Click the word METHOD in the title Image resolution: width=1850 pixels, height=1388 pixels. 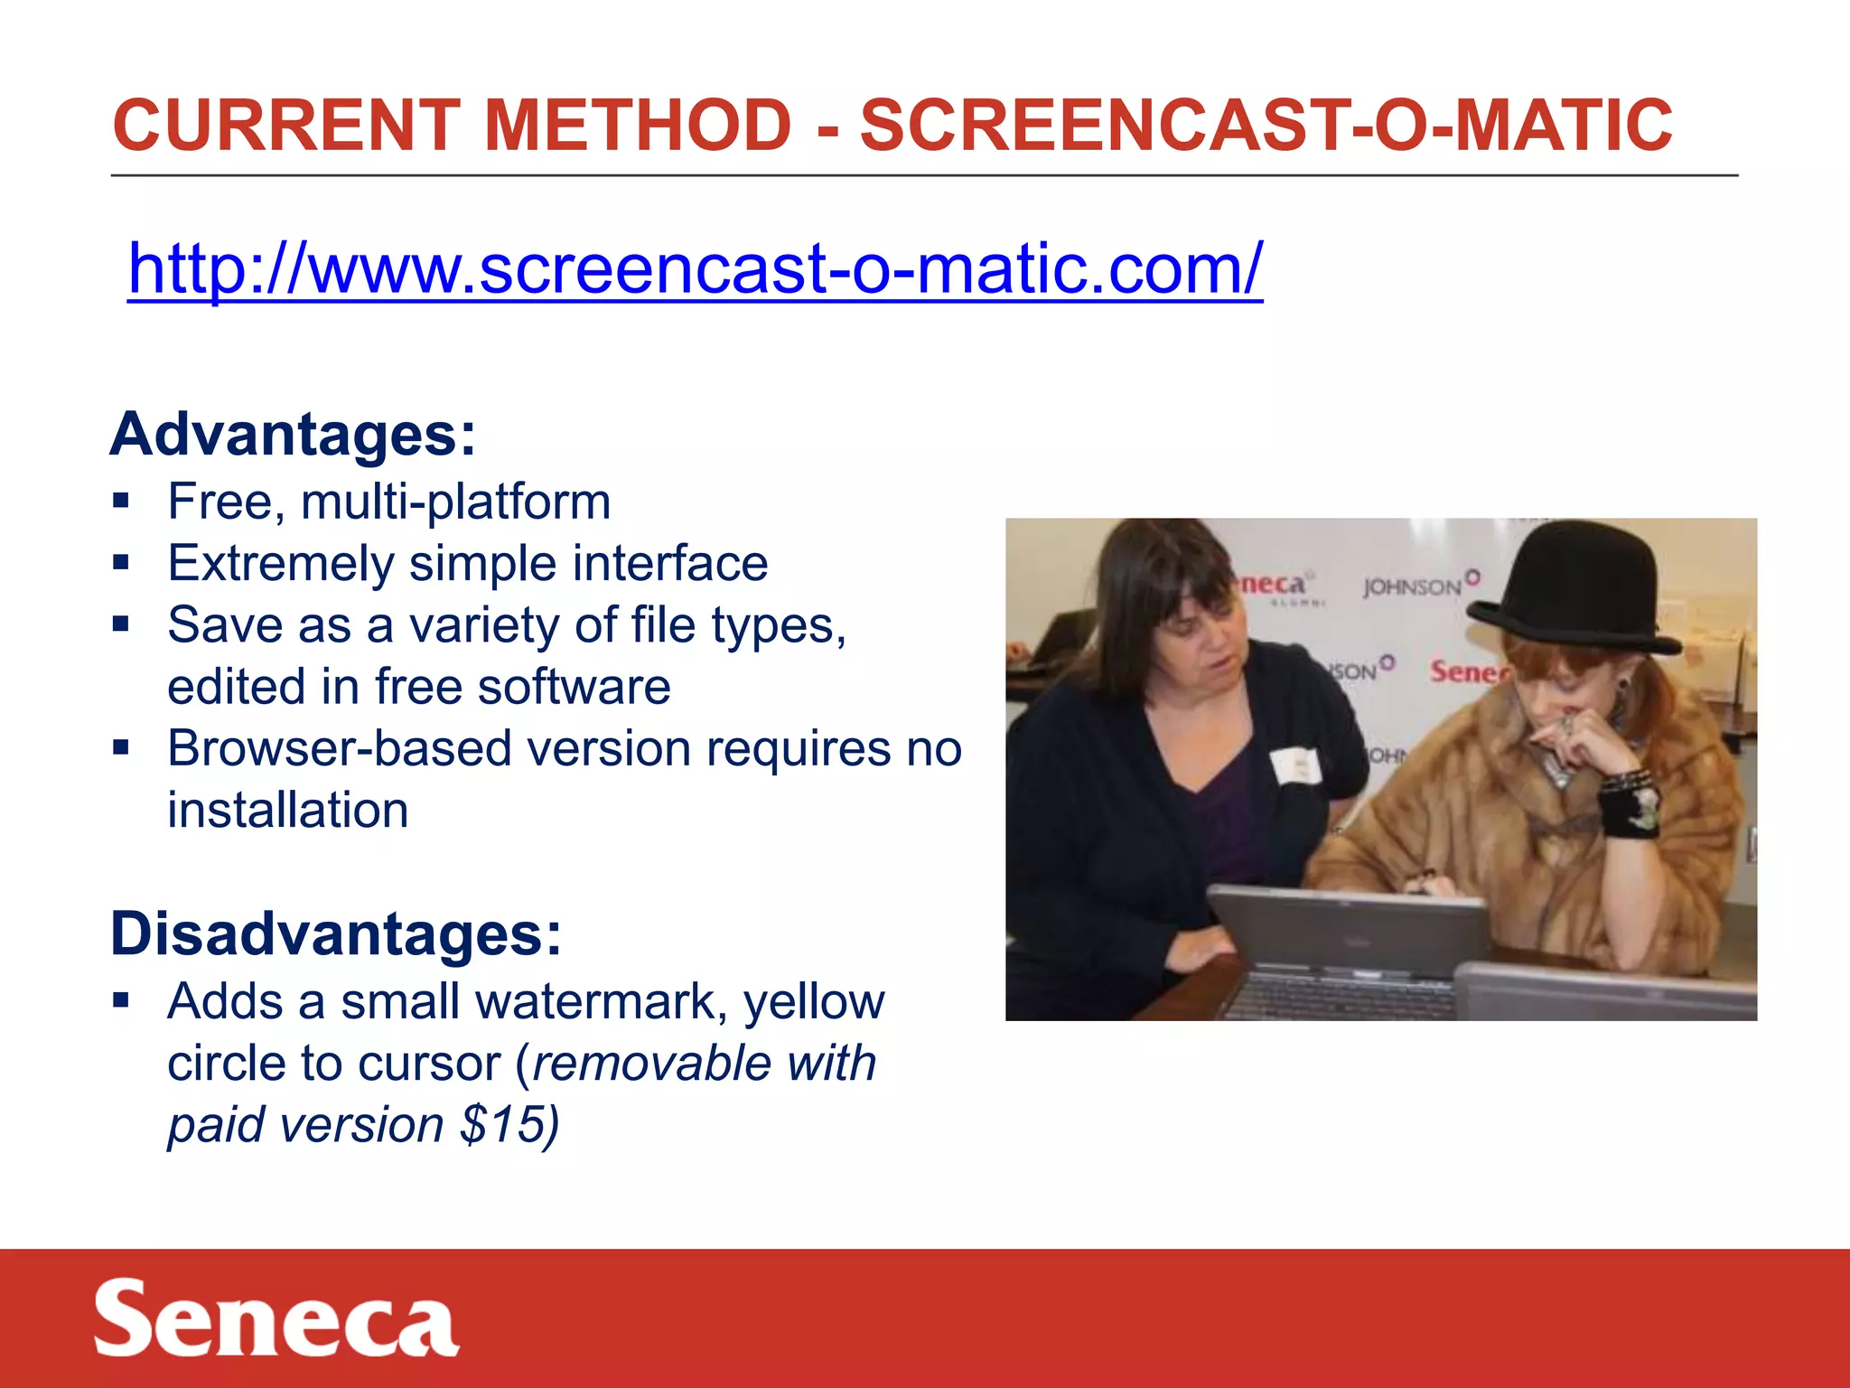click(x=638, y=125)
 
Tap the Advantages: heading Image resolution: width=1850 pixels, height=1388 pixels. click(x=293, y=435)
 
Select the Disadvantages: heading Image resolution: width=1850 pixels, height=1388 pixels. click(x=336, y=933)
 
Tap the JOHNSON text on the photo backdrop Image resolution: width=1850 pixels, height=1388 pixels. click(x=1413, y=587)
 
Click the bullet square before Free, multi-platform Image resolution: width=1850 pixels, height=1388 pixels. click(x=121, y=501)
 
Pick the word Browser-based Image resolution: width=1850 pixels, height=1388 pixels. click(x=340, y=749)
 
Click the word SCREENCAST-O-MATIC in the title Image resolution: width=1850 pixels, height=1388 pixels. click(x=1265, y=125)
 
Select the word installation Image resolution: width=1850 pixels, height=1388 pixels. click(x=287, y=811)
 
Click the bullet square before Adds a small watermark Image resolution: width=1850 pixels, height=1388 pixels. click(x=121, y=1000)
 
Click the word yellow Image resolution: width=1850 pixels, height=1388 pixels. click(x=814, y=1002)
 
